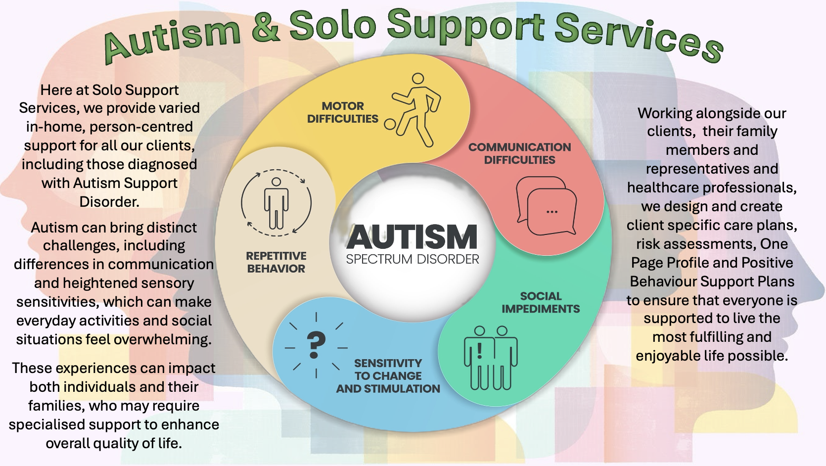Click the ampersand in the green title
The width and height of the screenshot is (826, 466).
[x=266, y=28]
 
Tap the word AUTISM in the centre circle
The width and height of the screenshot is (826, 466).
[x=412, y=237]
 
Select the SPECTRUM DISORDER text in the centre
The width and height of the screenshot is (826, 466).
[x=413, y=259]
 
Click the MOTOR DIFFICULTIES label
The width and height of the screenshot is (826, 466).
[x=342, y=112]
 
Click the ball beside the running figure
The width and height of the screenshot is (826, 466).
[x=390, y=124]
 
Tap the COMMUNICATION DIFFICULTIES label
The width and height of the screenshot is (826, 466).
[x=519, y=153]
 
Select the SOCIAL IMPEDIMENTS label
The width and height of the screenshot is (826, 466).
[x=541, y=302]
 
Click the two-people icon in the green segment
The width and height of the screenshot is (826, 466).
[x=491, y=357]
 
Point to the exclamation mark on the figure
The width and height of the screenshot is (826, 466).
[x=479, y=352]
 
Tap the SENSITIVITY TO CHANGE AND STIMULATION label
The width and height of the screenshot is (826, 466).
[x=388, y=376]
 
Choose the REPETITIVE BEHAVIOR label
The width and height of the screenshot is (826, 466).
[x=276, y=262]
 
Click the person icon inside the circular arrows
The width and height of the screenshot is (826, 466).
[x=276, y=203]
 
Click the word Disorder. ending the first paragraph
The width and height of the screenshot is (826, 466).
[x=109, y=202]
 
